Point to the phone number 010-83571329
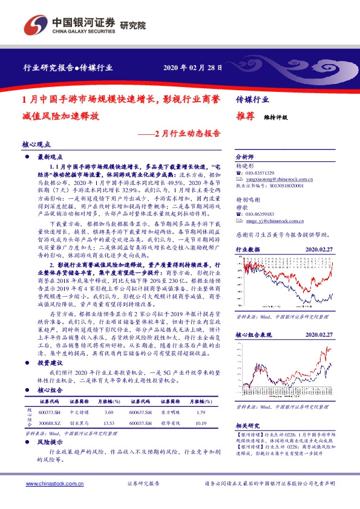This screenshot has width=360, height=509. (260, 173)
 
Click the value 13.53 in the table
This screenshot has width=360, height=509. (109, 423)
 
